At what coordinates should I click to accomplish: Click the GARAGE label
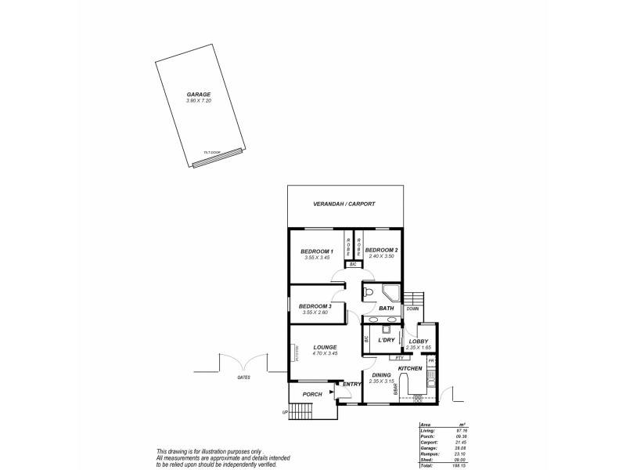click(198, 95)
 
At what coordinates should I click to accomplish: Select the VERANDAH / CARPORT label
click(345, 204)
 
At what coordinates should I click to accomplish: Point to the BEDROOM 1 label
click(317, 251)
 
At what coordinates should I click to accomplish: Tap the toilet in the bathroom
click(369, 293)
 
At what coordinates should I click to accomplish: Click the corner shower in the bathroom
click(390, 294)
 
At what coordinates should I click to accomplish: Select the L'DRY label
click(385, 340)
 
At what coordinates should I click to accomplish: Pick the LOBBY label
click(419, 341)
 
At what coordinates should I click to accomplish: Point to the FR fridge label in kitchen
click(430, 360)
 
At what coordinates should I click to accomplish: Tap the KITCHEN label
click(410, 368)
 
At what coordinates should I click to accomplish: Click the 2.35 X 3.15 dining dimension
click(381, 381)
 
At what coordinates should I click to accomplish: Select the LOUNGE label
click(325, 347)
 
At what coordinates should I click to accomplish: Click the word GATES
click(243, 378)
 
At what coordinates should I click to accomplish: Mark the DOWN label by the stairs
click(413, 309)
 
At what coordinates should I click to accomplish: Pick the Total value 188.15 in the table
click(452, 465)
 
